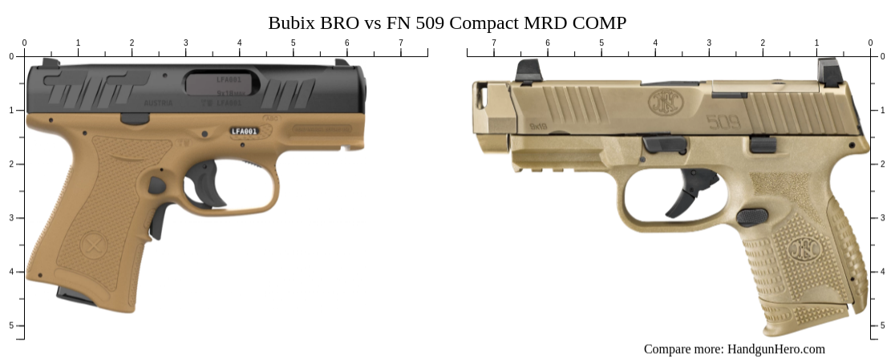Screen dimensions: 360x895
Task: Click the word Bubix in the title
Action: (292, 22)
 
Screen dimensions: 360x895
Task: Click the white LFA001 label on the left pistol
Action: (244, 131)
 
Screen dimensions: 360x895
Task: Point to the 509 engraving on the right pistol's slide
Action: (723, 122)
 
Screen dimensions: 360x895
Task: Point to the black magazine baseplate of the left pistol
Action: (76, 296)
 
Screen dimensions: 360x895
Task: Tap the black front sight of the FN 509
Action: (528, 71)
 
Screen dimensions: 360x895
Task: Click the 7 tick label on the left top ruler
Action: (401, 42)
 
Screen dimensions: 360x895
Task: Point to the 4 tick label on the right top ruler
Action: (655, 42)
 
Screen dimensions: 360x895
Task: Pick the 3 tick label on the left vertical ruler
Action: (10, 217)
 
